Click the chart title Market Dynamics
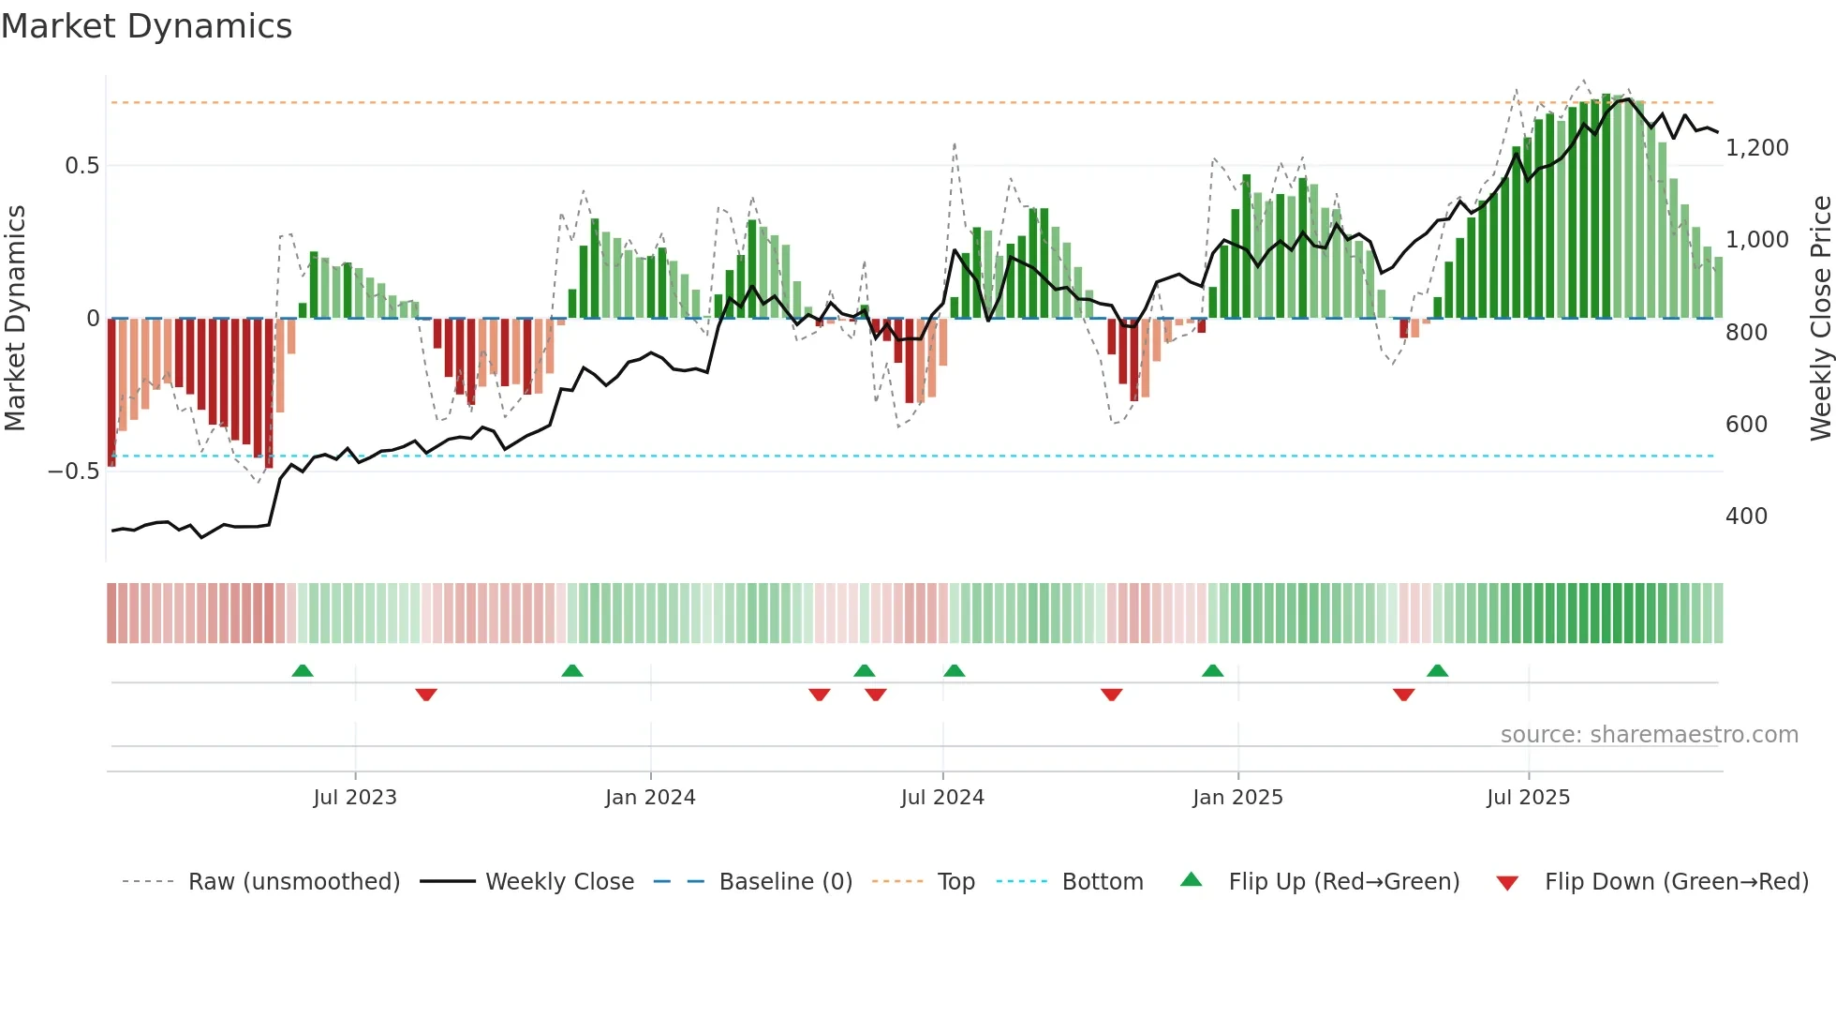146,26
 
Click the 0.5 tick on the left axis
81,166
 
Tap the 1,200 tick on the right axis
1756,148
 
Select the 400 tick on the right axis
1746,516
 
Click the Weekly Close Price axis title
1820,318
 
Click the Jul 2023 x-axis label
355,798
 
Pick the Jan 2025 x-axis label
1237,798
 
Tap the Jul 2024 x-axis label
942,798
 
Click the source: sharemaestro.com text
1649,735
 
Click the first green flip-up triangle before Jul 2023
302,671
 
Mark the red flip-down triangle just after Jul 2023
426,695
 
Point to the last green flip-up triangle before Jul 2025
1437,671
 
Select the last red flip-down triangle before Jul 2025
1403,695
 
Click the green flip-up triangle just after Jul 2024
954,671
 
